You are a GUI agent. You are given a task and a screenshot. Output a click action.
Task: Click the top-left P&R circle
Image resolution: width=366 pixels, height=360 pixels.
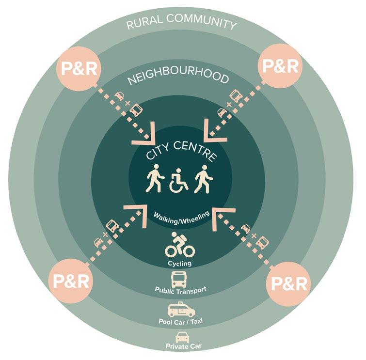point(78,67)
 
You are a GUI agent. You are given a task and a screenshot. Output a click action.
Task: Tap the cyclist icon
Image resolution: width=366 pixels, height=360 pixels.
point(180,244)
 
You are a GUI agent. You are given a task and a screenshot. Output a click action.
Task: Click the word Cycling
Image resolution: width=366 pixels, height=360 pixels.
point(180,264)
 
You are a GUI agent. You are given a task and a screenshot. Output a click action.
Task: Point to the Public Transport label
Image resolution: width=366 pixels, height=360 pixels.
point(180,290)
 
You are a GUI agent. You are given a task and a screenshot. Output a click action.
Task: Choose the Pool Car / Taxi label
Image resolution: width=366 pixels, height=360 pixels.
point(181,322)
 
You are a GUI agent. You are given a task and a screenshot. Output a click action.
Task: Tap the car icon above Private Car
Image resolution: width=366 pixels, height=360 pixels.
point(181,337)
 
